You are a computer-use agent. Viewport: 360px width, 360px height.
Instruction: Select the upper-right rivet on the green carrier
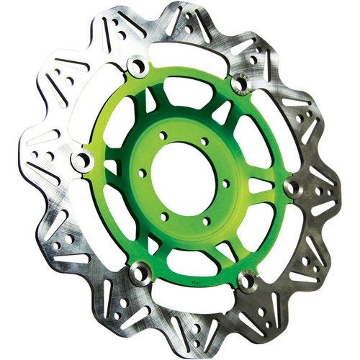pos(240,84)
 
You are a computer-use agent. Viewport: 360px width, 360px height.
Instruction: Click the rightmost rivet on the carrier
pos(292,187)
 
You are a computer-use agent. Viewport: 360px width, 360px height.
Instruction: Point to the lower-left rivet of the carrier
pos(140,271)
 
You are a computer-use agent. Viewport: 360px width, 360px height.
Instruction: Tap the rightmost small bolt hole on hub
pos(226,183)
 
